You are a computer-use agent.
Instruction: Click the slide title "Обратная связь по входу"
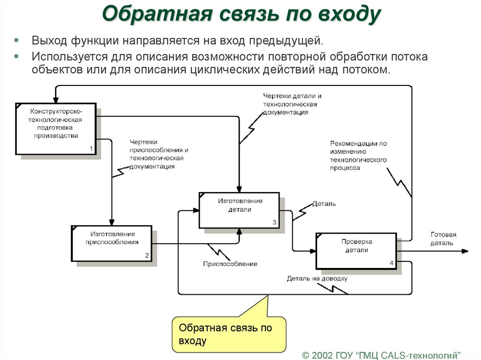tap(241, 15)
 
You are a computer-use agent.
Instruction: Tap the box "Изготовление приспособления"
tap(112, 243)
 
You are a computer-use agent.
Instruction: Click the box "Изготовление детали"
tap(240, 209)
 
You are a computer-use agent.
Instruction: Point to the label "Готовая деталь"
tap(442, 238)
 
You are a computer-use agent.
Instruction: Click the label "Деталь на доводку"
tap(317, 278)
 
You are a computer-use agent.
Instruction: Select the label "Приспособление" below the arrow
tap(230, 264)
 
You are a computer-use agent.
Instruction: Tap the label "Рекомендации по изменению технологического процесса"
tap(358, 155)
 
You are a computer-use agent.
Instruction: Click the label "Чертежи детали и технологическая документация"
tap(292, 104)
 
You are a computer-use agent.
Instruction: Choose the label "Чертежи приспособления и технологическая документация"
tap(156, 154)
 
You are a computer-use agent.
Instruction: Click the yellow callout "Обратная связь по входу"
tap(229, 334)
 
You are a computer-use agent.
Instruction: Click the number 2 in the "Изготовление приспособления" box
tap(147, 256)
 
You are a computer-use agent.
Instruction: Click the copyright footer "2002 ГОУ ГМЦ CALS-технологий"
tap(381, 353)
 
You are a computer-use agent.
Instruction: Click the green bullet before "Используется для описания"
tap(16, 56)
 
